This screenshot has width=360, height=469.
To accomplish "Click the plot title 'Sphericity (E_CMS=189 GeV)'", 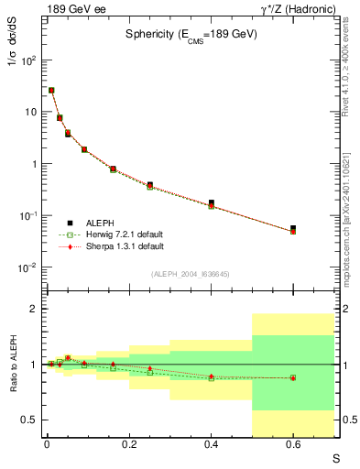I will tap(191, 34).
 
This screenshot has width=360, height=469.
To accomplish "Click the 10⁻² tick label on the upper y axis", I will tap(27, 267).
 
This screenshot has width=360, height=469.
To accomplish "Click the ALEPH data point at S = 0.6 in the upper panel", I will tap(293, 228).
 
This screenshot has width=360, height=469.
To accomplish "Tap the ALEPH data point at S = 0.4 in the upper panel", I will tap(211, 202).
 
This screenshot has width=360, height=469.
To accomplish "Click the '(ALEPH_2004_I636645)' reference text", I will tap(191, 274).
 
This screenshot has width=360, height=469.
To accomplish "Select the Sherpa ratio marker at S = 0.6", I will tap(293, 377).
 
